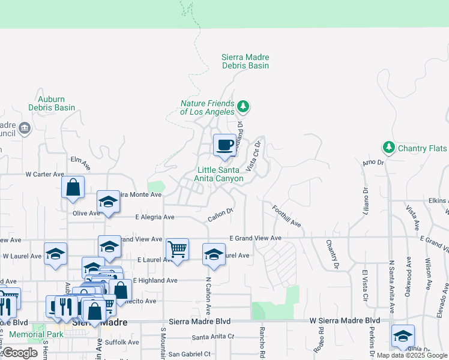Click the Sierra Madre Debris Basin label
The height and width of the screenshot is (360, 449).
tap(245, 61)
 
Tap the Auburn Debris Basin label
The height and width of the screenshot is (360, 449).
tap(52, 103)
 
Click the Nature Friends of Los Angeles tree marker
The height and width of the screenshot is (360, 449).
tap(243, 107)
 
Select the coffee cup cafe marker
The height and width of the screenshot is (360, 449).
tap(224, 145)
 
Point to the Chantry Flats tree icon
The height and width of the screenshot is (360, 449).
tap(388, 148)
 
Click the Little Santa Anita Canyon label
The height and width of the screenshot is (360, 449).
tap(219, 174)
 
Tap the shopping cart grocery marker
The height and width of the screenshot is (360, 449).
tap(177, 248)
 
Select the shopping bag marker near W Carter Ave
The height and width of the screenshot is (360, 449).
tap(73, 187)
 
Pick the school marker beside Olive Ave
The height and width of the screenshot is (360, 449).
tap(108, 202)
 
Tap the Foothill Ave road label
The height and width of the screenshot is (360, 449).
tap(286, 216)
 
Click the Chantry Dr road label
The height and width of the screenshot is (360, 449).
tap(332, 254)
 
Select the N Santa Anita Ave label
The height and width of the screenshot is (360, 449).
tap(391, 287)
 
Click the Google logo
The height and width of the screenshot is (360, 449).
tap(20, 352)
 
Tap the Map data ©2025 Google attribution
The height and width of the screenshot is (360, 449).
tap(411, 355)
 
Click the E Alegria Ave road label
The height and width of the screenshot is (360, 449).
tap(154, 217)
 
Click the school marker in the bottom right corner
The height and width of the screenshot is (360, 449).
tap(403, 336)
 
